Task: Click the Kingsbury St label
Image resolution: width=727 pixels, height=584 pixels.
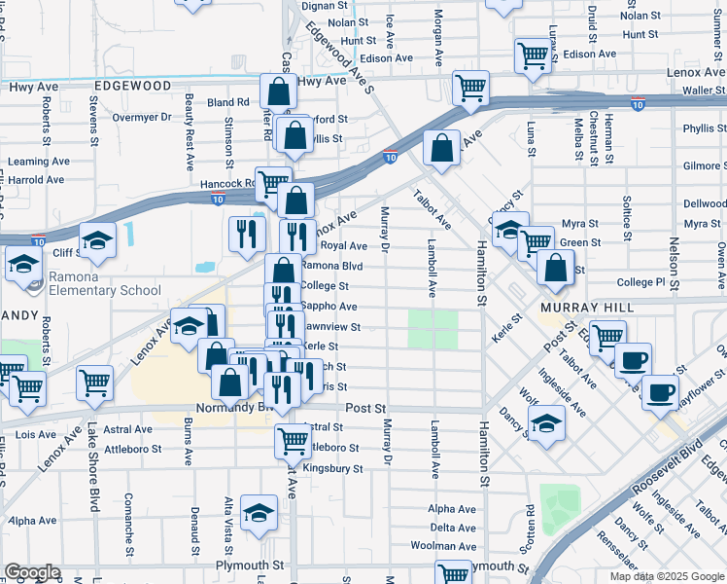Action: (x=332, y=468)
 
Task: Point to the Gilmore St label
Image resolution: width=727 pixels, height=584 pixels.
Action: (x=703, y=166)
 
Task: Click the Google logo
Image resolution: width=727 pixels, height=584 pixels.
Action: (x=32, y=572)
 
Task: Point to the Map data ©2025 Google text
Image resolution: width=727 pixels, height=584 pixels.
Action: (x=667, y=576)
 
